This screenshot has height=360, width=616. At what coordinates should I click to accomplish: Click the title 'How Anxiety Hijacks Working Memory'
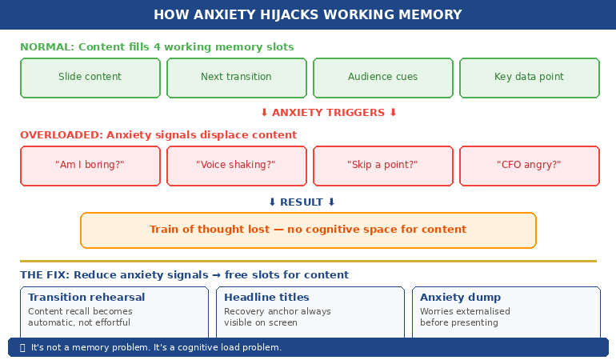(307, 14)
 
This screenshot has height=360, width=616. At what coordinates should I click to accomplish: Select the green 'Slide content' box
(90, 78)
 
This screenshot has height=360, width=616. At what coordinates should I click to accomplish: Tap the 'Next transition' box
(236, 78)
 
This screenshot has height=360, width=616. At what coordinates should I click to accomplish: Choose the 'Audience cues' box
(382, 78)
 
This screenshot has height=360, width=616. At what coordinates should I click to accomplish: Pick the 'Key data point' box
(529, 78)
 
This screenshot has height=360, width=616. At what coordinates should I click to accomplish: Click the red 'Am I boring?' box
(90, 166)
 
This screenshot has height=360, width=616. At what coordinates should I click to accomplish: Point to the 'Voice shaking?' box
(236, 166)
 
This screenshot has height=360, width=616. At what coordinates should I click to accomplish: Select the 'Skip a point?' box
(382, 166)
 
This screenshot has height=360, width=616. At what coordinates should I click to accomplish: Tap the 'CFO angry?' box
(529, 166)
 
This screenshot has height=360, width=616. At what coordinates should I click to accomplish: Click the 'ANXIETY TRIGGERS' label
(329, 113)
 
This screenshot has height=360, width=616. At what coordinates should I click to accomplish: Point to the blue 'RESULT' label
(302, 202)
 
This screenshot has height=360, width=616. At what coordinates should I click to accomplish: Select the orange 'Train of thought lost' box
(308, 230)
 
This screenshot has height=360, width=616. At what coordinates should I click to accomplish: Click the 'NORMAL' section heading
(157, 47)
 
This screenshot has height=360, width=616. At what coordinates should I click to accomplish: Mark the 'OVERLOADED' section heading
(158, 135)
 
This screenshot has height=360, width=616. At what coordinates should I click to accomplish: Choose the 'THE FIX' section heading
(184, 275)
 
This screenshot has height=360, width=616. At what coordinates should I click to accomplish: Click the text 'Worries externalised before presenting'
(465, 318)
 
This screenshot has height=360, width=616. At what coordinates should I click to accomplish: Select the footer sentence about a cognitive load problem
(156, 348)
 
